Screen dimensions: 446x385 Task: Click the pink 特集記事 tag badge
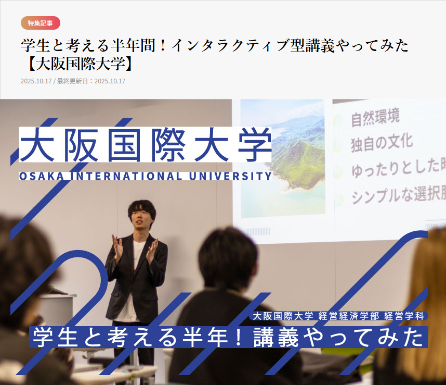41,23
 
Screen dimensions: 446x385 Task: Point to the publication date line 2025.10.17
36,81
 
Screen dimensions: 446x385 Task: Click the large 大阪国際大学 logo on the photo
145,144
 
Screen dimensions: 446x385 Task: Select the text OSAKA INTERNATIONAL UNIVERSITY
145,176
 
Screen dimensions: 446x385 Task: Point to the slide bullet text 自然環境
375,117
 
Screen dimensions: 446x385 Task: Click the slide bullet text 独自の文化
382,143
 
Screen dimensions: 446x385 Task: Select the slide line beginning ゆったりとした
398,168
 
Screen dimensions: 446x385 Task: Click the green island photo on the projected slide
282,158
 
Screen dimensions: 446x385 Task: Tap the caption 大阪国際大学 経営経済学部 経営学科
338,316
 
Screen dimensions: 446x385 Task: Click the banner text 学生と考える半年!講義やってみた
228,338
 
